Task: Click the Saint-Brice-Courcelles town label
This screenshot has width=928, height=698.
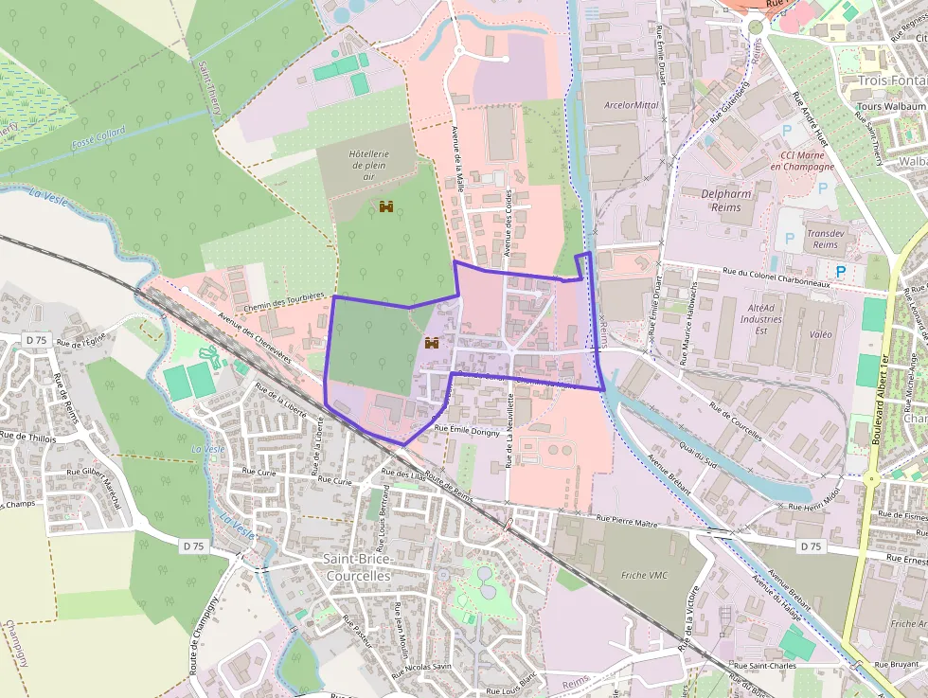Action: tap(358, 567)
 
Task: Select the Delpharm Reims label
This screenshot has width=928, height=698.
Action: tap(726, 200)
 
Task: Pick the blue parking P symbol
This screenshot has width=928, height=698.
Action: tap(840, 272)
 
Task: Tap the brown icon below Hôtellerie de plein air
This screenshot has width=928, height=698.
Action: tap(386, 206)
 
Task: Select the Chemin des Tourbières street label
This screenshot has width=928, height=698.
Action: tap(284, 299)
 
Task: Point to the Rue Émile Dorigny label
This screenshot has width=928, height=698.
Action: tap(466, 429)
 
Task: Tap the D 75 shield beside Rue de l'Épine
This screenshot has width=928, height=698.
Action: tap(36, 339)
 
